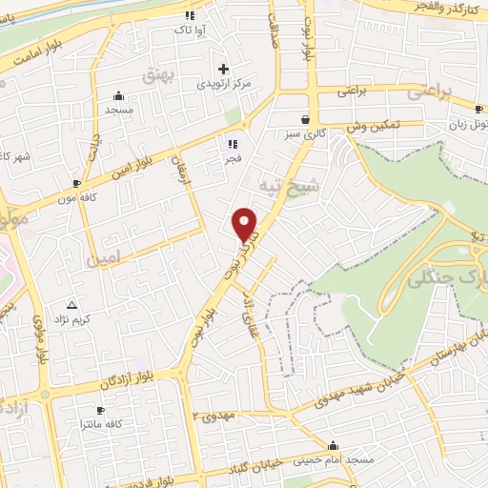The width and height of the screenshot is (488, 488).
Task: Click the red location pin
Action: (x=245, y=225)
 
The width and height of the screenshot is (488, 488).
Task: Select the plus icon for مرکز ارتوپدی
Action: (x=223, y=68)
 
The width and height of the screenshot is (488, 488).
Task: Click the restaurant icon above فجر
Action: (x=232, y=145)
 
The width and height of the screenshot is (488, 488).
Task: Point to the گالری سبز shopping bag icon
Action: (x=304, y=120)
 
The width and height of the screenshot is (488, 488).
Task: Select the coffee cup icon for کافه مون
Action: (x=76, y=181)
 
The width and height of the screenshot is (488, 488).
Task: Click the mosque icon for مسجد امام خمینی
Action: (x=333, y=445)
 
